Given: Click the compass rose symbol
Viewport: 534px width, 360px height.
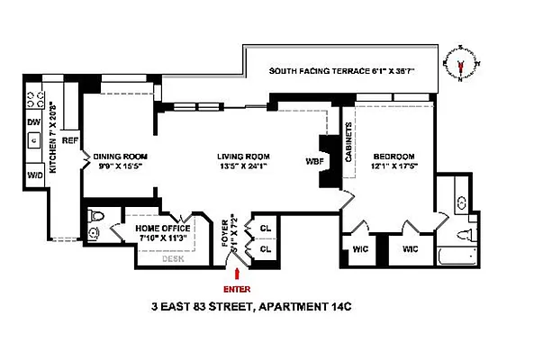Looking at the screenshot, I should click(463, 65).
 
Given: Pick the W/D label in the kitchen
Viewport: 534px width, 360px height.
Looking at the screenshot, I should click(34, 174).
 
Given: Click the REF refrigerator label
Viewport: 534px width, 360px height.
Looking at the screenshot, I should click(71, 139).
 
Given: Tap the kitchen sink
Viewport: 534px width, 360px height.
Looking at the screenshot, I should click(32, 139).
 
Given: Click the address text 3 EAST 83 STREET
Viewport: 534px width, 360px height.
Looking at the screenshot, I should click(203, 308).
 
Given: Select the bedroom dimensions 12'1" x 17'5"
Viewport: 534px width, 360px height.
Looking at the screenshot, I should click(393, 167).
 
